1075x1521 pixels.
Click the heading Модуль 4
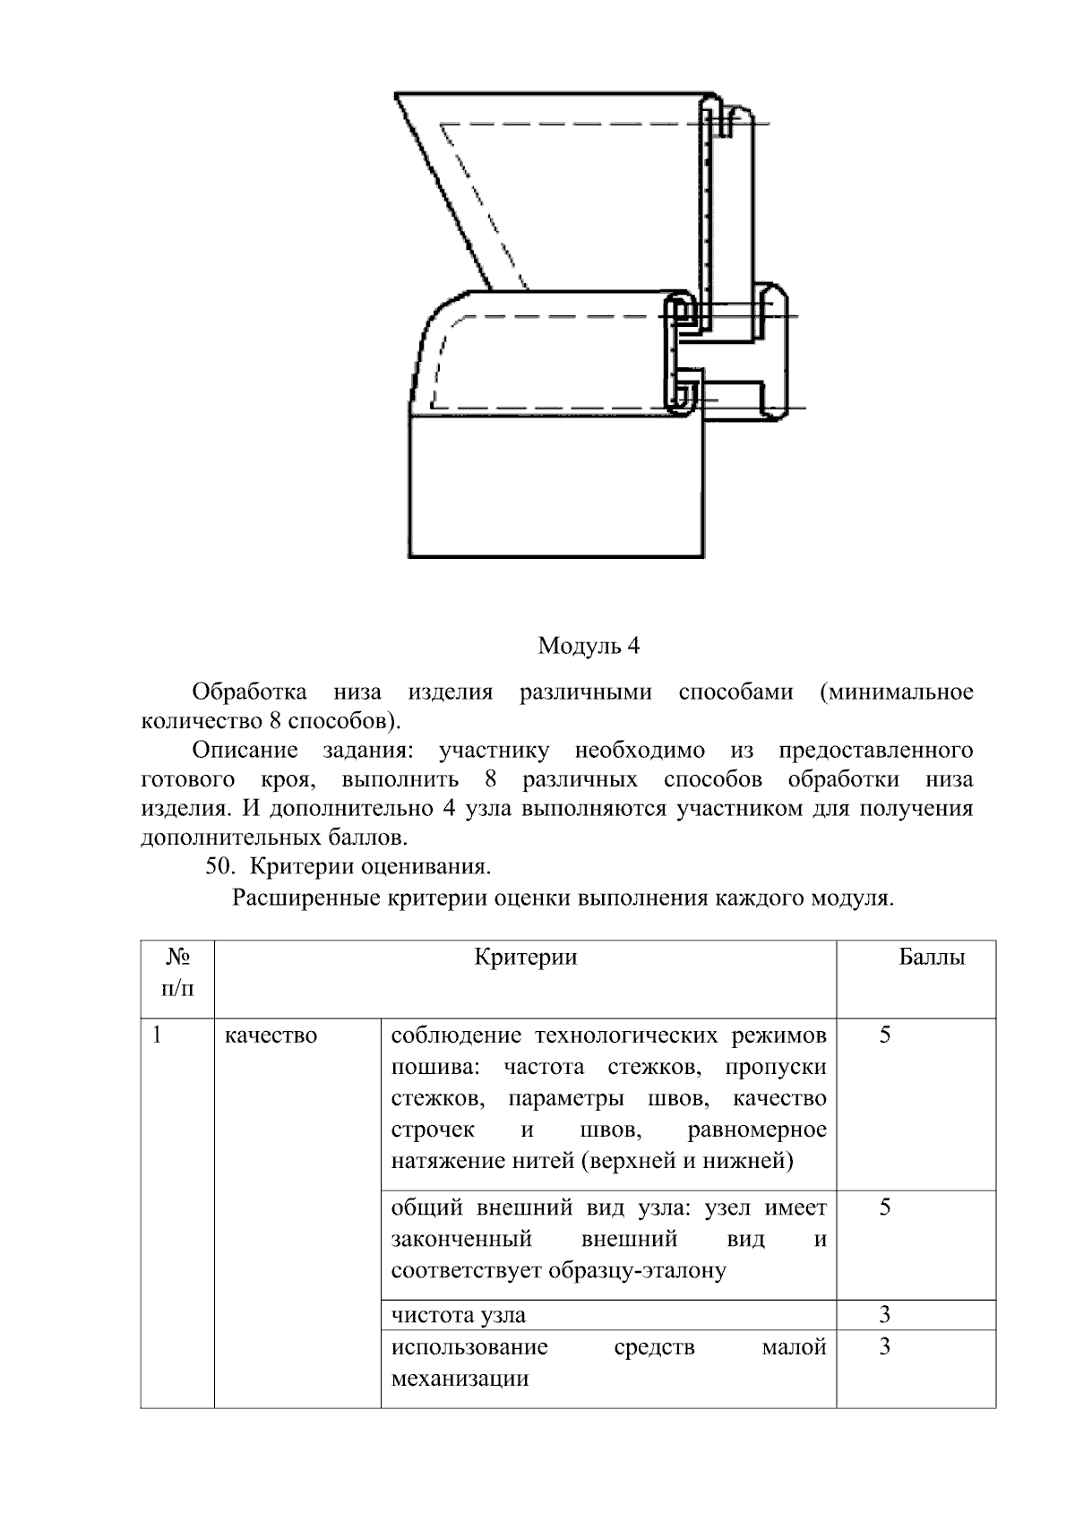click(x=589, y=646)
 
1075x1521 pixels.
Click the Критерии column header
click(x=526, y=958)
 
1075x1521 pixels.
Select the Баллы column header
click(x=932, y=958)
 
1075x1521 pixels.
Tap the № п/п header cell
click(x=177, y=973)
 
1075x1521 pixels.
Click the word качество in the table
click(x=271, y=1035)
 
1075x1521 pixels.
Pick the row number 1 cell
click(x=158, y=1035)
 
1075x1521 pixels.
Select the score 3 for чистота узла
click(x=884, y=1315)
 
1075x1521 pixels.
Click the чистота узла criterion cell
click(x=459, y=1315)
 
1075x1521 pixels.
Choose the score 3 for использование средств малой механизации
click(x=884, y=1347)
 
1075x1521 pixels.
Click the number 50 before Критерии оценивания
click(x=219, y=867)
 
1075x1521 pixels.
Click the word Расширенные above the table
click(x=305, y=898)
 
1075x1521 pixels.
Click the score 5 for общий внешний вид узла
click(x=884, y=1207)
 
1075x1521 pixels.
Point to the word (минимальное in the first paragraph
click(x=895, y=692)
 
